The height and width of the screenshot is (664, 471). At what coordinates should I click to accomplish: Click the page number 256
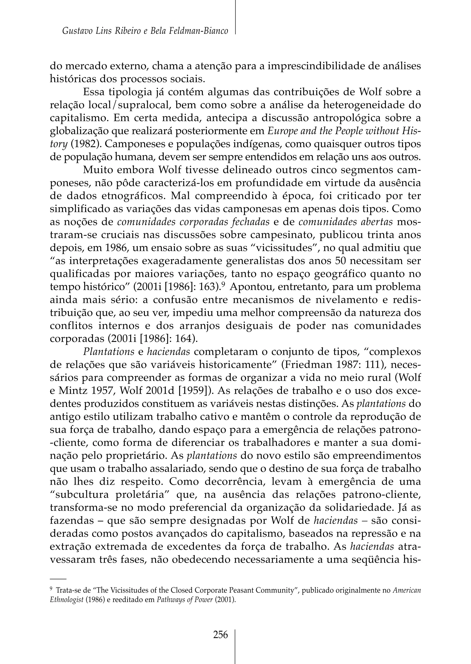pyautogui.click(x=220, y=635)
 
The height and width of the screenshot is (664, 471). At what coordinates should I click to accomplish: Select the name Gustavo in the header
pyautogui.click(x=75, y=31)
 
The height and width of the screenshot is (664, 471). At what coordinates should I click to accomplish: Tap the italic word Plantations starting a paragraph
pyautogui.click(x=109, y=352)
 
